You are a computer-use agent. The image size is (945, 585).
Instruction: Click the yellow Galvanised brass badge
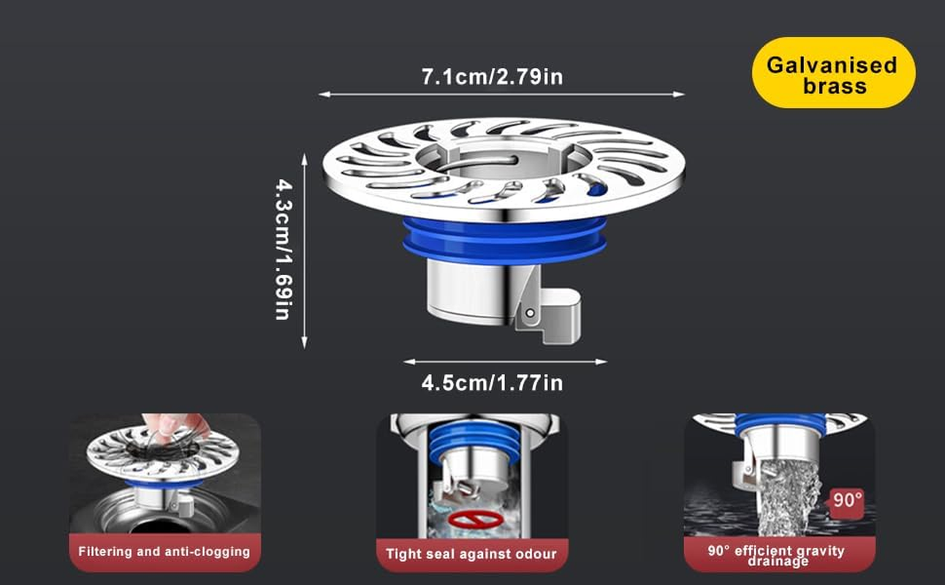click(833, 74)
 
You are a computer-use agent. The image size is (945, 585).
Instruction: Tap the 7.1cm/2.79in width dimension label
click(492, 76)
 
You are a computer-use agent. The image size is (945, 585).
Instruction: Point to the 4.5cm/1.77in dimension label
click(492, 382)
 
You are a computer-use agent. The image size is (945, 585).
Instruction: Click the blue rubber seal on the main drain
click(504, 238)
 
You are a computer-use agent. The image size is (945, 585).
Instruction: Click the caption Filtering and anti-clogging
click(164, 551)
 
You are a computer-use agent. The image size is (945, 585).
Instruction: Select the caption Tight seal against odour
click(471, 554)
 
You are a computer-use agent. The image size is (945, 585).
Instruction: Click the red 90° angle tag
click(848, 501)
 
